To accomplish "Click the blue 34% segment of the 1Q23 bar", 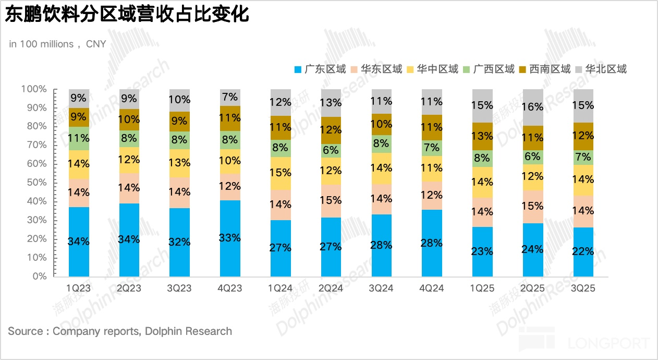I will pos(79,242).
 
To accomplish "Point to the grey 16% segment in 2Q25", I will pos(533,107).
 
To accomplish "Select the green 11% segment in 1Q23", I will pos(79,138).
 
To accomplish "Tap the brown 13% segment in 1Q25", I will pos(482,136).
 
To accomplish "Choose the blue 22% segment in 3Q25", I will pos(583,251).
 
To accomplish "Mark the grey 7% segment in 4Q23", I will pos(230,98).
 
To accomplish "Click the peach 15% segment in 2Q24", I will pos(331,201).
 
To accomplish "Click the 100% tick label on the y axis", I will pos(34,89).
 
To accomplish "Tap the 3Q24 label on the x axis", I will pos(382,288).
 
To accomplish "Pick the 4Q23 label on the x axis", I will pos(230,288).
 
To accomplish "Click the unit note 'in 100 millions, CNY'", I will pos(57,44).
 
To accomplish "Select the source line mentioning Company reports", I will pos(120,331).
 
